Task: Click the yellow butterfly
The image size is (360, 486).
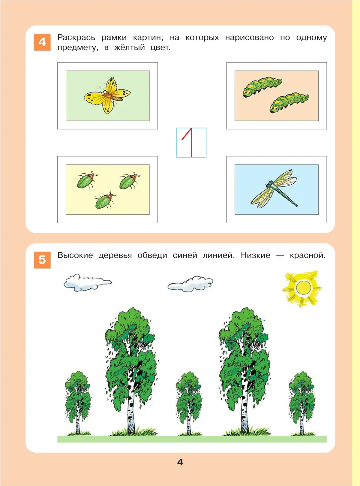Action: tap(107, 95)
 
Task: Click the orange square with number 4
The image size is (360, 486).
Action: tap(42, 42)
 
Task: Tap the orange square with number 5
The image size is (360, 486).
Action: tap(42, 260)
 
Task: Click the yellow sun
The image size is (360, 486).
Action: tap(303, 288)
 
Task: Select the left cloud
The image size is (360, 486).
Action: tap(88, 283)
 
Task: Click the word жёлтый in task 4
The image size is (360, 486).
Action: tap(129, 47)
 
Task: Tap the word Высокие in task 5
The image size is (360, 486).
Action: tap(75, 255)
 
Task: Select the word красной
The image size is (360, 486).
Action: tap(308, 255)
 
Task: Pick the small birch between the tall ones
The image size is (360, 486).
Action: tap(189, 403)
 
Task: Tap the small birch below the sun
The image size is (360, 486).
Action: tap(302, 403)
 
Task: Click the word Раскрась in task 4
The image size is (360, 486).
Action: tap(76, 38)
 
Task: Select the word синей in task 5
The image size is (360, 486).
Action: tap(185, 255)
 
